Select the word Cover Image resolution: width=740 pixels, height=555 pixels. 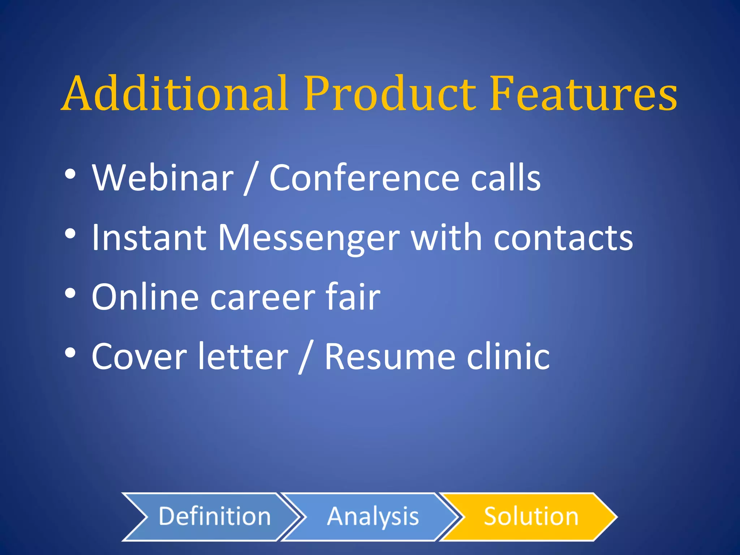point(139,357)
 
